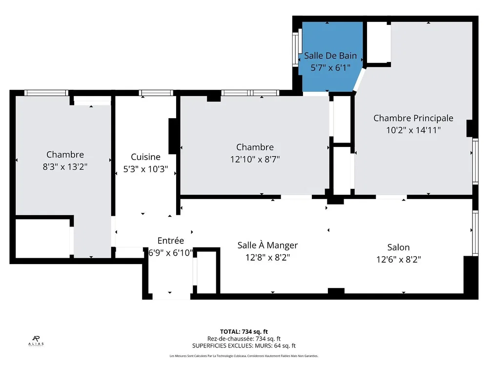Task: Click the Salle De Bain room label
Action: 330,56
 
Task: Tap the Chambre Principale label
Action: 413,118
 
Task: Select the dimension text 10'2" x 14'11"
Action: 413,130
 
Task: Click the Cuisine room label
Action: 145,157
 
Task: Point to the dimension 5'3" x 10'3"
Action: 145,169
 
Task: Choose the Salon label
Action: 398,247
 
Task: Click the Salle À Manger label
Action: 267,245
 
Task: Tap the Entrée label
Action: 170,241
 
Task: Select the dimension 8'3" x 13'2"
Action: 65,167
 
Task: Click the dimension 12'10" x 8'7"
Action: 255,160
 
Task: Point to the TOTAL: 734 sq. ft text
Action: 244,332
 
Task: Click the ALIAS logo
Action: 36,341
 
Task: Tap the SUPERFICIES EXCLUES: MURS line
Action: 244,346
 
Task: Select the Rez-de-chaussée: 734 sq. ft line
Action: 244,339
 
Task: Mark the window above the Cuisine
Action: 156,93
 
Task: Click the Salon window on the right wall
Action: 475,233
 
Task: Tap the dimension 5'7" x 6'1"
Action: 330,67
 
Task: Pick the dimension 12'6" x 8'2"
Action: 399,260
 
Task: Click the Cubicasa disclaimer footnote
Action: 244,356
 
